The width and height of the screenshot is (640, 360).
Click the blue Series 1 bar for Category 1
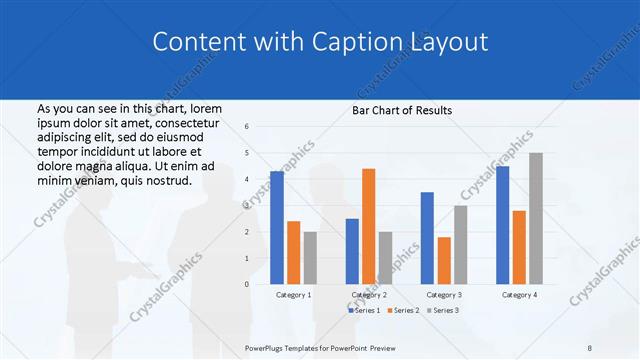click(x=277, y=228)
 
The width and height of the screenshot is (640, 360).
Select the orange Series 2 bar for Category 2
click(x=368, y=226)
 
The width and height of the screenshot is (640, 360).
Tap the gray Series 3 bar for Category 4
click(x=535, y=218)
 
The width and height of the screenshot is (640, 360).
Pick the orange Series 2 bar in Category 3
click(x=444, y=260)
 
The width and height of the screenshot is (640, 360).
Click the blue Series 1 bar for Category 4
click(x=502, y=225)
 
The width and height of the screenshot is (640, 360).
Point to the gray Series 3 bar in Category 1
click(x=310, y=258)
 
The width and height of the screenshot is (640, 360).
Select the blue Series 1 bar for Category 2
click(x=352, y=251)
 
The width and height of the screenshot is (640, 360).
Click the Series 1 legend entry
click(x=365, y=311)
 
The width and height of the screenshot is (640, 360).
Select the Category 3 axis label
click(x=444, y=295)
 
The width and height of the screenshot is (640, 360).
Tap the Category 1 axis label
click(x=293, y=295)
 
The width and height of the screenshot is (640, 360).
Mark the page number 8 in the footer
click(x=590, y=348)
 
